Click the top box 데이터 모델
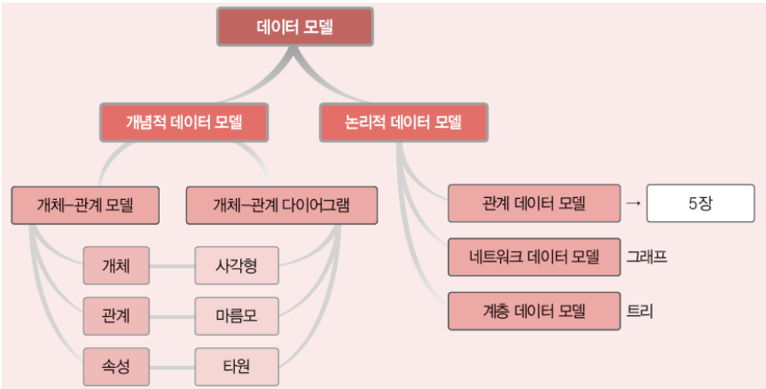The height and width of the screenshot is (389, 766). click(x=295, y=28)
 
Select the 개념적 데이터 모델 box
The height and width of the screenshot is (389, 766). click(x=184, y=122)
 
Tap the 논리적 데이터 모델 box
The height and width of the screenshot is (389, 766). click(x=403, y=122)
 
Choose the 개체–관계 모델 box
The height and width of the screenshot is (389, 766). click(x=85, y=205)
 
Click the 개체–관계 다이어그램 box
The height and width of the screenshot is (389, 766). click(x=282, y=205)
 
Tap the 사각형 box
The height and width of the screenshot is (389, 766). click(x=236, y=265)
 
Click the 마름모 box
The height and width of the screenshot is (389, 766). click(x=236, y=314)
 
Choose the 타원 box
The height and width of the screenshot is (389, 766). click(x=236, y=364)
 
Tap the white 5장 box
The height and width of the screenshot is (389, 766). click(x=700, y=204)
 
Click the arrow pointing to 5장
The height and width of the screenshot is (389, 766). click(x=632, y=204)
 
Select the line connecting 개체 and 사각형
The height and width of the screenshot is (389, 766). click(x=172, y=265)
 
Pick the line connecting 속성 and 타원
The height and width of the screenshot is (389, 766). click(x=172, y=364)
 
